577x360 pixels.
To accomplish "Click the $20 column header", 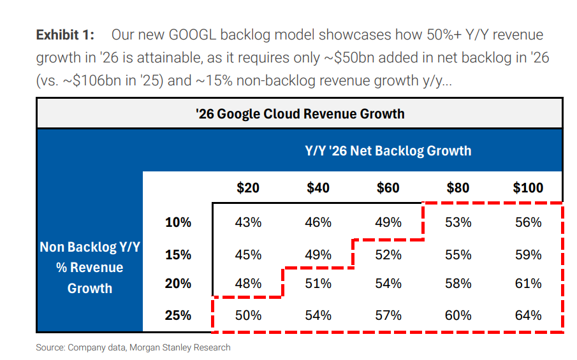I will (x=248, y=187).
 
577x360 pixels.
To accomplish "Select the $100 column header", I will (x=528, y=187).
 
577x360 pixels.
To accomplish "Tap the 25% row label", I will (x=178, y=315).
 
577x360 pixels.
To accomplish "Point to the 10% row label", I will (x=178, y=222).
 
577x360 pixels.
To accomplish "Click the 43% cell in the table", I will (x=248, y=222).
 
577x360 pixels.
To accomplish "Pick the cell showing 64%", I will (x=528, y=315).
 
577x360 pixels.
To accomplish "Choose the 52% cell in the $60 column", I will (x=388, y=255).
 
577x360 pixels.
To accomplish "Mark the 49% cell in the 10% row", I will (x=388, y=222).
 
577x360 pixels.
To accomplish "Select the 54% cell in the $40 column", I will (x=318, y=315).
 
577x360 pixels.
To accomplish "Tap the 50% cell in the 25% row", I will (x=248, y=315).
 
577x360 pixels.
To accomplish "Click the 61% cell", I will (x=528, y=284).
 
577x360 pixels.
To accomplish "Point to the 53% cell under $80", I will (x=458, y=222).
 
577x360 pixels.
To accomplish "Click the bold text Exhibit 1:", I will (x=65, y=34).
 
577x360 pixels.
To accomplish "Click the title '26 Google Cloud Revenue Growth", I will (x=300, y=114).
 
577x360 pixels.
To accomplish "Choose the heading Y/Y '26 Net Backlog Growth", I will (x=388, y=151).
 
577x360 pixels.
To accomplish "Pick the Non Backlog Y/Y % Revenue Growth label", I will (x=89, y=268).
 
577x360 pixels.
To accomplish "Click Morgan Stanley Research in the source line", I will (x=191, y=347).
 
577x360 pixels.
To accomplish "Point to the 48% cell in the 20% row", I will (x=248, y=284).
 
